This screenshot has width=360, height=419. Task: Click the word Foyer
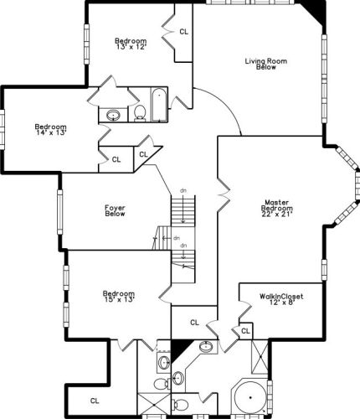coord(115,207)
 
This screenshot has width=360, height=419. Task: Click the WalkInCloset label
coord(280,296)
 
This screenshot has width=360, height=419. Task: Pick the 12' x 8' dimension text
coord(280,303)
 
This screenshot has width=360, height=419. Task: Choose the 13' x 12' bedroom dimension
coord(130,47)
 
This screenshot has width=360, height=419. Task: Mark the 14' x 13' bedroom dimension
coord(49,132)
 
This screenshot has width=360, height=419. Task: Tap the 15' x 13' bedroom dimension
coord(118,299)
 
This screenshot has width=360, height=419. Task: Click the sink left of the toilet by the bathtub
coord(113,114)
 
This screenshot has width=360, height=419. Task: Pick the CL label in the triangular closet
coord(143,154)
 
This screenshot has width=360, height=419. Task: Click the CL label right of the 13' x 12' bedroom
coord(184,31)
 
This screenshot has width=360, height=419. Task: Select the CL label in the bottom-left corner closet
coord(95,400)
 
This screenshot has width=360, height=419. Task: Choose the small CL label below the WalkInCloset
coord(245,331)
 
